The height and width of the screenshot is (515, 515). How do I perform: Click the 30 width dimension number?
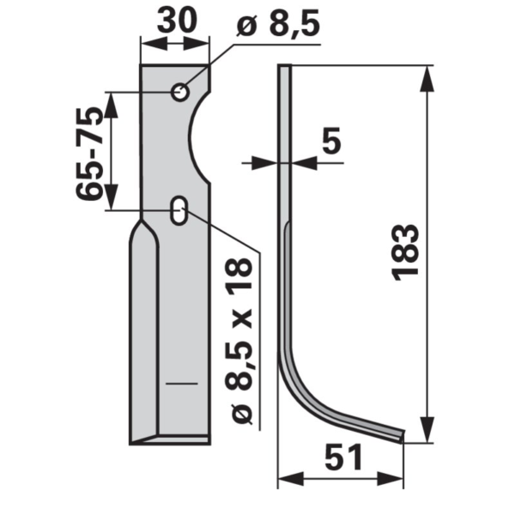point(177,20)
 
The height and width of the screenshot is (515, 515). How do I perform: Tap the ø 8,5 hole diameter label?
point(277,24)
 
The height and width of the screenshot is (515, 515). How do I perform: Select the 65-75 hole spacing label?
point(89,154)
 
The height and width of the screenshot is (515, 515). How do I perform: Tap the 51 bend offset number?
point(343,457)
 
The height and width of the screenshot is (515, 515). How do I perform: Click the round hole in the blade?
point(180,93)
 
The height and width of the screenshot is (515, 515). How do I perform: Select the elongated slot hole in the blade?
point(179,210)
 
